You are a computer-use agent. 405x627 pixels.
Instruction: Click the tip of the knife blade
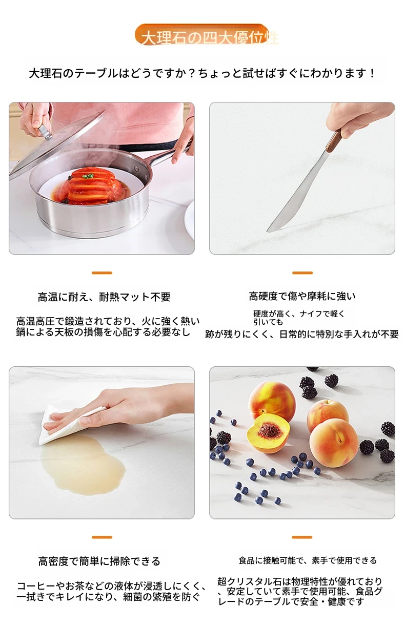click(x=267, y=231)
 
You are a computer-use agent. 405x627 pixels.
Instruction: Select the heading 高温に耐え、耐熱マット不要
click(x=104, y=297)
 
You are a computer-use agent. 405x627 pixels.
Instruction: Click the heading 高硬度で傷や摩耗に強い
click(x=302, y=296)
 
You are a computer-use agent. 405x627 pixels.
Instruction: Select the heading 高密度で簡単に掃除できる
click(x=99, y=561)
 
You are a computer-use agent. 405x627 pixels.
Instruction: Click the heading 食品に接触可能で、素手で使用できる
click(x=308, y=560)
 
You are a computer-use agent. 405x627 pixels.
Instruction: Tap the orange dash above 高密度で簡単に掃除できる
click(x=102, y=537)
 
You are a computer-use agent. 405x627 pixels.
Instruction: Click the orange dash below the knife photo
click(x=302, y=273)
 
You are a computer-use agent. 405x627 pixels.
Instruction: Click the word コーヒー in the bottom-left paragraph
click(x=36, y=586)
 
